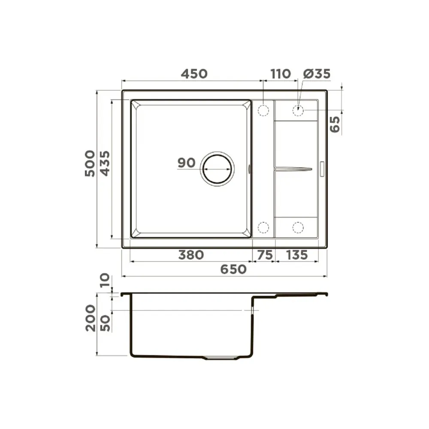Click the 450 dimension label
coord(194,74)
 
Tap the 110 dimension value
coord(281,74)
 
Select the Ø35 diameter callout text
coord(317,74)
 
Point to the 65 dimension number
coord(335,124)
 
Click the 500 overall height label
coord(90,163)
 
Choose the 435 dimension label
coord(105,163)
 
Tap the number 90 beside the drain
coord(187,163)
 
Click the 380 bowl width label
coord(191,255)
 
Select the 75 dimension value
coord(265,255)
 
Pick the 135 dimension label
coord(297,255)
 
